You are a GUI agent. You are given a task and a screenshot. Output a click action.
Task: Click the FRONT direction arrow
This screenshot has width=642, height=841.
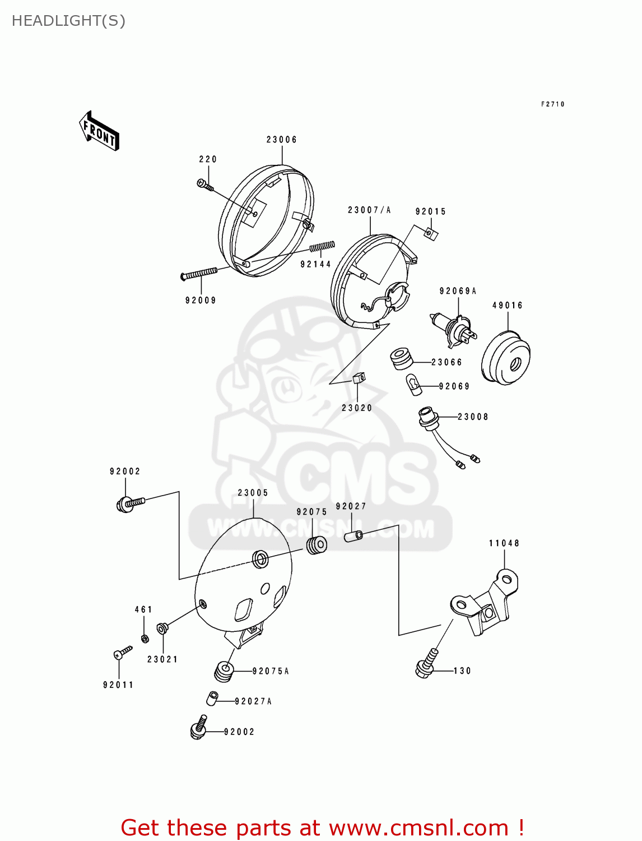pyautogui.click(x=99, y=131)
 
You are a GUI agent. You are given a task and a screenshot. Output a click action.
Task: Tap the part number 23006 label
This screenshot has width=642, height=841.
pyautogui.click(x=282, y=140)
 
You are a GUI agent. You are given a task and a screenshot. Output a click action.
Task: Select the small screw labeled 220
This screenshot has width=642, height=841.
pyautogui.click(x=205, y=184)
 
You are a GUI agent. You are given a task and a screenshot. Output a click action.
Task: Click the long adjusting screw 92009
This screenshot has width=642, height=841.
pyautogui.click(x=199, y=274)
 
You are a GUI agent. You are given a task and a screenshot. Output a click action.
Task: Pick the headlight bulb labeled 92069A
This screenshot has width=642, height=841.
pyautogui.click(x=454, y=330)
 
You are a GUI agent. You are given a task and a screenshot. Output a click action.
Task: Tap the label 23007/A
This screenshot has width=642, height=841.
pyautogui.click(x=369, y=210)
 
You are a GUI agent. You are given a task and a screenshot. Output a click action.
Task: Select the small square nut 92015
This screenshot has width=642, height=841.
pyautogui.click(x=431, y=234)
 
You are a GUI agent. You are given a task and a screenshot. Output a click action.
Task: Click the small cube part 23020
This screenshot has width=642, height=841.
pyautogui.click(x=359, y=378)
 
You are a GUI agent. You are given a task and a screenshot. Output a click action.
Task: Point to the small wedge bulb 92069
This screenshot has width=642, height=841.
pyautogui.click(x=413, y=385)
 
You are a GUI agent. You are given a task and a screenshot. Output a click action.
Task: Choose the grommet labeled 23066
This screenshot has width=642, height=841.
pyautogui.click(x=401, y=359)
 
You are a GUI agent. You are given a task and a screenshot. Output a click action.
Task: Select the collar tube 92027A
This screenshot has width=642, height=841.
pyautogui.click(x=212, y=698)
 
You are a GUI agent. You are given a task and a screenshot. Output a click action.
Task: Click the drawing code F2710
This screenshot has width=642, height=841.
pyautogui.click(x=553, y=104)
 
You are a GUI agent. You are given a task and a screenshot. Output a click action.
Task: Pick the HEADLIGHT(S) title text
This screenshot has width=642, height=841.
pyautogui.click(x=68, y=21)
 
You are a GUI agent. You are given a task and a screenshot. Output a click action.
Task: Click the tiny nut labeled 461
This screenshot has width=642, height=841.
pyautogui.click(x=145, y=639)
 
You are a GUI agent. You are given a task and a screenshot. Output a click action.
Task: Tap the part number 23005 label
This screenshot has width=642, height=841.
pyautogui.click(x=253, y=493)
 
